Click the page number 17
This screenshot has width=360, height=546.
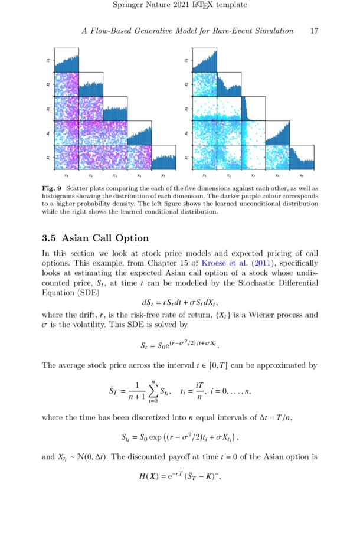click(314, 31)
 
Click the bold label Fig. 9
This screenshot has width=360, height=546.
click(53, 188)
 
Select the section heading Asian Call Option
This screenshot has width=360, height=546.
click(105, 238)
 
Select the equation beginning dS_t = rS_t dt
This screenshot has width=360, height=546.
click(180, 304)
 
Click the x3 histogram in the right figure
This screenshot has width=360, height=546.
click(253, 109)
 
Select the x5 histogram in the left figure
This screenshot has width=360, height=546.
click(163, 157)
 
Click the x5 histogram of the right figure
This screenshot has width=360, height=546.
click(301, 157)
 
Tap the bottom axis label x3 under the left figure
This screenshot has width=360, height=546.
click(115, 176)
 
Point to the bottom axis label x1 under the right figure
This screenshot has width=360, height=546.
click(204, 176)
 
